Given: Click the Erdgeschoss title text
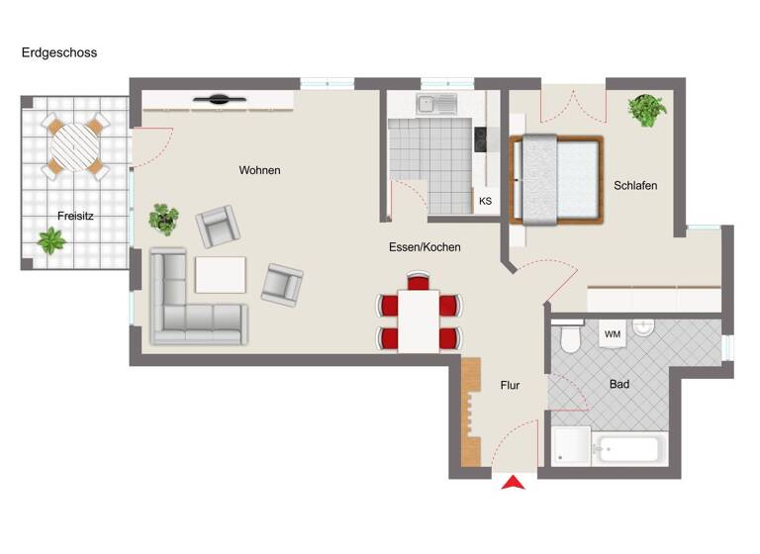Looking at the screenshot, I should click(59, 53).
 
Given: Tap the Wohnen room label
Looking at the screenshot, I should click(259, 170).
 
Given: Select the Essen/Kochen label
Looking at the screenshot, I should click(425, 247).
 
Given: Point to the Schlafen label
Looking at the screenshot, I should click(635, 186).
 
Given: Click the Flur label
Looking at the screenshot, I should click(510, 386).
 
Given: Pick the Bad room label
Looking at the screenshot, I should click(619, 384).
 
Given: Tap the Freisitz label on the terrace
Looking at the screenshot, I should click(76, 215).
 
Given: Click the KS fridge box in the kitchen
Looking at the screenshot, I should click(486, 201).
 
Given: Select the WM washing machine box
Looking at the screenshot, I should click(613, 334).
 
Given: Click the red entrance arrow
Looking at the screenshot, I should click(514, 483).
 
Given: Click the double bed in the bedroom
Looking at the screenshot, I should click(559, 178).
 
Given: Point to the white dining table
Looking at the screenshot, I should click(419, 319).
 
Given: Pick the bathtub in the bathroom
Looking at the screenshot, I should click(625, 447).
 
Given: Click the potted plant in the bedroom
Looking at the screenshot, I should click(646, 109).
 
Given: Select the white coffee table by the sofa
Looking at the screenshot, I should click(221, 274).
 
